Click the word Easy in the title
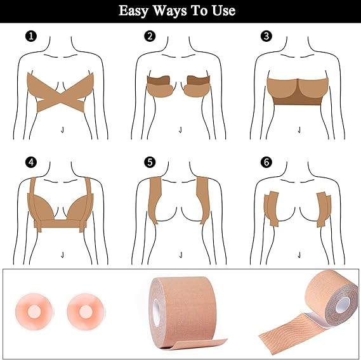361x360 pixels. (x=133, y=11)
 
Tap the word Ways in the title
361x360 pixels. (x=169, y=11)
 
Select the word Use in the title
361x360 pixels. (x=223, y=10)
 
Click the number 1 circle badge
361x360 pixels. (x=31, y=36)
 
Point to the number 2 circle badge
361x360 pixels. (x=150, y=36)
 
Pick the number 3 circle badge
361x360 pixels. (x=266, y=36)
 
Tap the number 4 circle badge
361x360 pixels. (x=31, y=162)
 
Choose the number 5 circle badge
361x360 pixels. (x=150, y=162)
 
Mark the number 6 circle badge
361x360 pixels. (x=266, y=162)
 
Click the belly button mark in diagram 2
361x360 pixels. (x=180, y=130)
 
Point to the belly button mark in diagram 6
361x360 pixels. (x=299, y=255)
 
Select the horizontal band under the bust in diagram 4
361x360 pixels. (x=60, y=224)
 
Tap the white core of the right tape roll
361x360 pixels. (x=342, y=307)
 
